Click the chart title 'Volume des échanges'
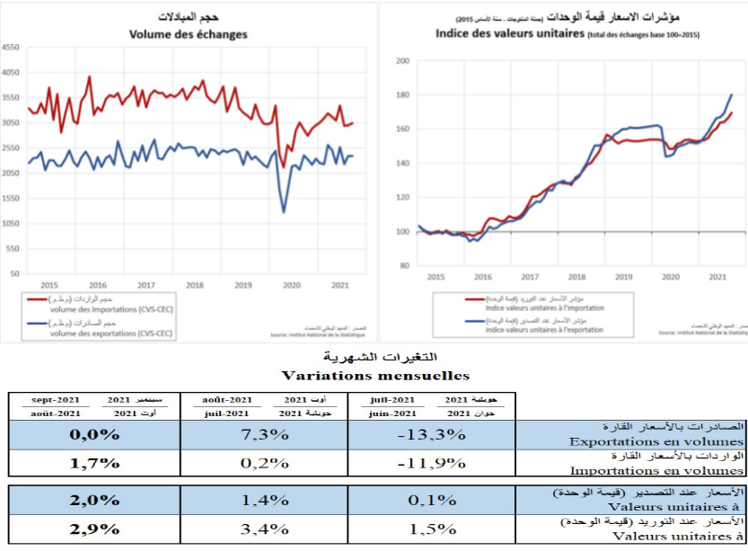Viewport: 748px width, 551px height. coord(189,35)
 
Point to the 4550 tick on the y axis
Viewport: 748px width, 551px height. coord(11,48)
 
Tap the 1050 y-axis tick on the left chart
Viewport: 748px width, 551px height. coord(11,223)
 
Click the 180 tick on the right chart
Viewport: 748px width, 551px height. coord(403,95)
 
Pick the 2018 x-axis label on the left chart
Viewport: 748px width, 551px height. coord(195,285)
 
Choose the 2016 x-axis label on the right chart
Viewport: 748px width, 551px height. coord(482,277)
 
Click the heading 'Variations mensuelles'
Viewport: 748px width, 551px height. coord(374,374)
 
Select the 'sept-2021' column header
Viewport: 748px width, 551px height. coord(56,398)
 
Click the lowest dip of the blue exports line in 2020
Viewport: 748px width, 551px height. coord(284,212)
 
